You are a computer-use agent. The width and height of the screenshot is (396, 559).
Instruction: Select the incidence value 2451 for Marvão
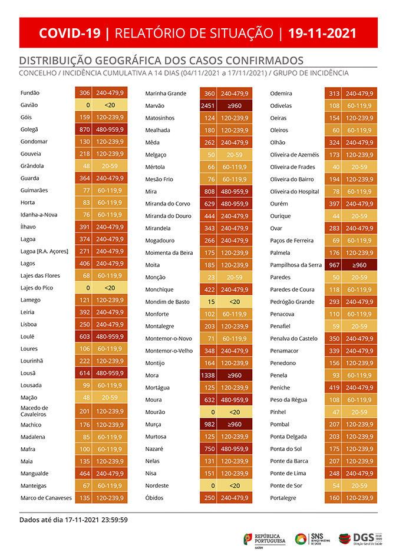[209, 106]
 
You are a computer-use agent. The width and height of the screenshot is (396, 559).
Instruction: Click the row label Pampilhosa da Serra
[295, 265]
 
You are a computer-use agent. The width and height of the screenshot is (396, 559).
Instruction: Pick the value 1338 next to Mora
[209, 375]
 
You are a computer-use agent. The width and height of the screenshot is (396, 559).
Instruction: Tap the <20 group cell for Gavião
[110, 105]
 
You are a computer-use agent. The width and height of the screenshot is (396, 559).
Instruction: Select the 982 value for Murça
[209, 424]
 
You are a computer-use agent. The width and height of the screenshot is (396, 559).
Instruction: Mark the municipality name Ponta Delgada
[289, 437]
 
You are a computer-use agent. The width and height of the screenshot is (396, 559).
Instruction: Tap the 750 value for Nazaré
[209, 449]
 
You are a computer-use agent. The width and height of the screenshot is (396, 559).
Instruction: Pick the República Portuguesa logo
[265, 538]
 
